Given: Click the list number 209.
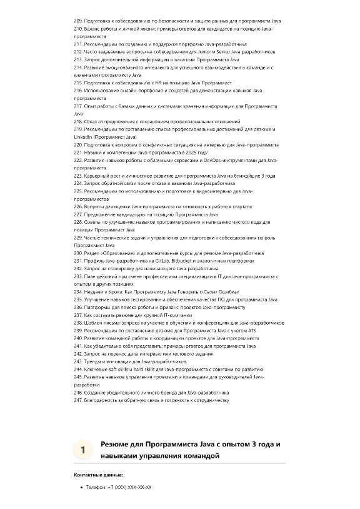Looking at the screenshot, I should coord(77,21).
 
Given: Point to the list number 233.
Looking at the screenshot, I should coord(77,276).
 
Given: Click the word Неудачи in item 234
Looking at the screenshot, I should coord(94,291).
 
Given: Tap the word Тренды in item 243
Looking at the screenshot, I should coord(92,361).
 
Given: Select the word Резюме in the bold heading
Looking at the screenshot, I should coord(115,444).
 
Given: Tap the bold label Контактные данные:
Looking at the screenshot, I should coord(98,475).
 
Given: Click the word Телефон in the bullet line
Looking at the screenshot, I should coord(96,486).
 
